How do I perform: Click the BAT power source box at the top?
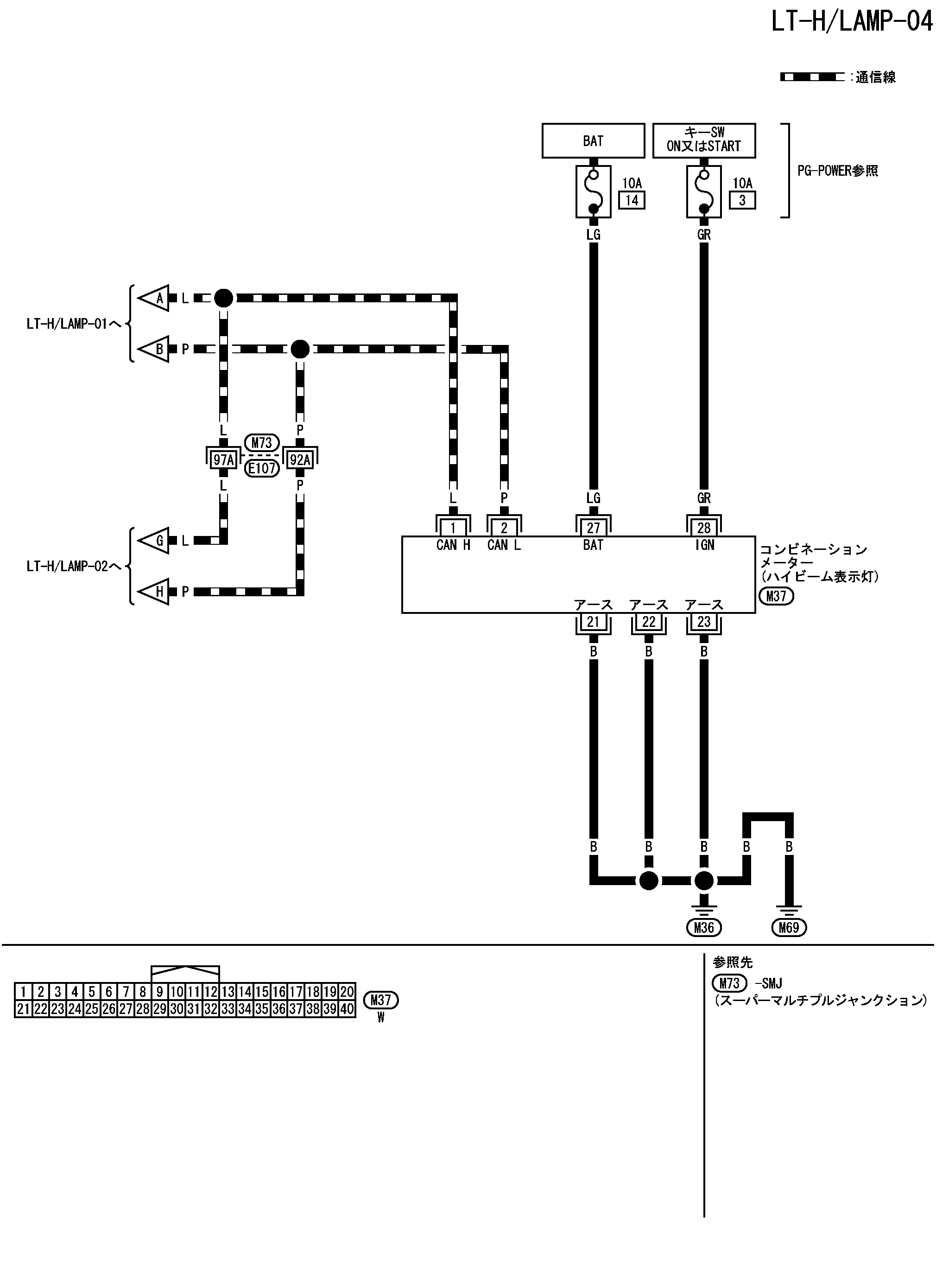click(593, 140)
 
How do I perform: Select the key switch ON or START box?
click(704, 140)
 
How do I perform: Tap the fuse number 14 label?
click(632, 200)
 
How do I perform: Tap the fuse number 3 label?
click(742, 200)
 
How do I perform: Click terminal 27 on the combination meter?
click(593, 528)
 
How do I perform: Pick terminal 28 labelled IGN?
click(704, 528)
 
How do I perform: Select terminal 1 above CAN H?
click(453, 528)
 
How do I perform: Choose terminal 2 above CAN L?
click(504, 528)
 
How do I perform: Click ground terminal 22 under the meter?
click(648, 622)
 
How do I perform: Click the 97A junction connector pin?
click(223, 459)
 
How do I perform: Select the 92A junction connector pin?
click(300, 459)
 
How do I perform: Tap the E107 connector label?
click(262, 469)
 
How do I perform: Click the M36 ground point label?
click(704, 927)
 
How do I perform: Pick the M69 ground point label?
click(789, 927)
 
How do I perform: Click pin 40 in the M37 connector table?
click(347, 1008)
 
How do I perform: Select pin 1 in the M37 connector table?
click(23, 991)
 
